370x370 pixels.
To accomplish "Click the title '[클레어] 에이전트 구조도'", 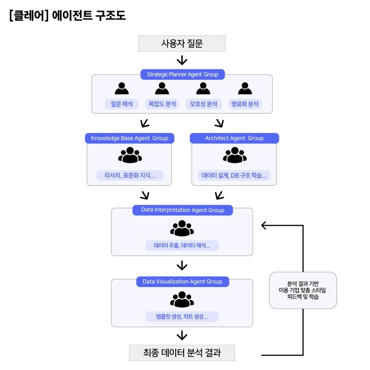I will coord(68,15).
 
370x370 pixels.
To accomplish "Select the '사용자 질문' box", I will coord(182,44).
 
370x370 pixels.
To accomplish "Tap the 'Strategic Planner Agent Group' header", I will coord(182,74).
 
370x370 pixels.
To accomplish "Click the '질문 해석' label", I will coord(122,104).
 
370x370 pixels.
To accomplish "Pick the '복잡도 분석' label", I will coord(162,104).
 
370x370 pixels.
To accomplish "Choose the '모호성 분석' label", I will coord(203,104).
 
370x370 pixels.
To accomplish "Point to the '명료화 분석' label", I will coord(245,104).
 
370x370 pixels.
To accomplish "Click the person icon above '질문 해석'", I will coord(122,88).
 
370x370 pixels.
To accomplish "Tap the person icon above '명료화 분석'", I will coord(245,88).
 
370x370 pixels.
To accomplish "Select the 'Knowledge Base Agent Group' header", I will coord(129,138).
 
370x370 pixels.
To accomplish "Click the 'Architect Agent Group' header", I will coord(234,138).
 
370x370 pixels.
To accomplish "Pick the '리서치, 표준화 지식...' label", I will coord(129,176).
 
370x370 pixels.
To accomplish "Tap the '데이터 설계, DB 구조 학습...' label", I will coord(234,176).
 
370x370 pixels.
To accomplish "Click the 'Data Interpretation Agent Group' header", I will coord(182,210).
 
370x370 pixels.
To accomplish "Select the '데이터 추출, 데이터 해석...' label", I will coord(182,246).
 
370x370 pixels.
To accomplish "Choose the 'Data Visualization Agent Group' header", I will coord(182,282).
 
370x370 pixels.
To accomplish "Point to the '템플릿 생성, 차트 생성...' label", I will coord(182,317).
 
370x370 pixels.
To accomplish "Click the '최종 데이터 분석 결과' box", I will coord(182,353).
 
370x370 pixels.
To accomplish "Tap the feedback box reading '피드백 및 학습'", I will coord(303,290).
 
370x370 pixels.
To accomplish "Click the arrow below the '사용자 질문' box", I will coord(182,60).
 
